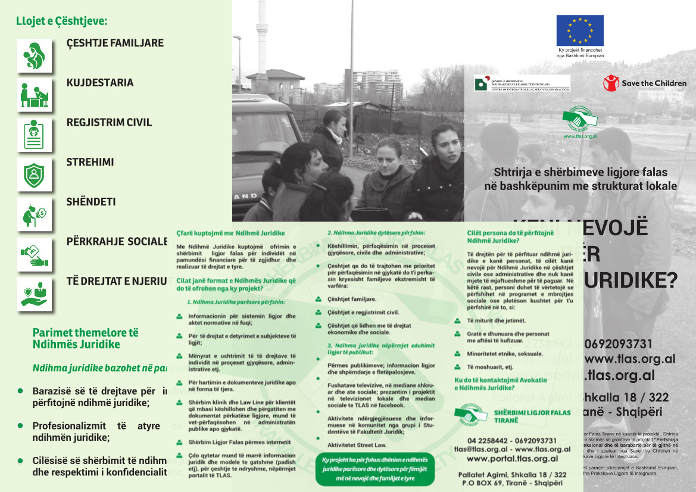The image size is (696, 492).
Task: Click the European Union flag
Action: [580, 30]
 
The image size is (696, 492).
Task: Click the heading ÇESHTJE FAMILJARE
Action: [115, 43]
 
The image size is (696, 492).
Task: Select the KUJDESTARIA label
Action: [100, 83]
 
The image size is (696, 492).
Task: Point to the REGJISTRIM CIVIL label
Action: [109, 123]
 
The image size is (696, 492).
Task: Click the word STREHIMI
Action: [90, 162]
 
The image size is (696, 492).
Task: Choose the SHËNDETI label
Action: [91, 202]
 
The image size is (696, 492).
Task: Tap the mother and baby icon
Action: [34, 56]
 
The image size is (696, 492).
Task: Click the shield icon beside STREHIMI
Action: [34, 175]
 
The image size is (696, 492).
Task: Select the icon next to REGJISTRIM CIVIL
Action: [34, 135]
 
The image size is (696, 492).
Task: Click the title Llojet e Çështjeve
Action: [61, 21]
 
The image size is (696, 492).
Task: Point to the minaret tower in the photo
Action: [262, 42]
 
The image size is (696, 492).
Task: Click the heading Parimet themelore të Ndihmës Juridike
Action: [85, 338]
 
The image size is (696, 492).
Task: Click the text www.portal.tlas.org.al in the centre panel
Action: [512, 459]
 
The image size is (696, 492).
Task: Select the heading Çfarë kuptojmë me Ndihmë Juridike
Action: [231, 233]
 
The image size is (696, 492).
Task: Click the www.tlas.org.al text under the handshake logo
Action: [580, 136]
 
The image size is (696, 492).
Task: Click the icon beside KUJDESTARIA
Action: [34, 95]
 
